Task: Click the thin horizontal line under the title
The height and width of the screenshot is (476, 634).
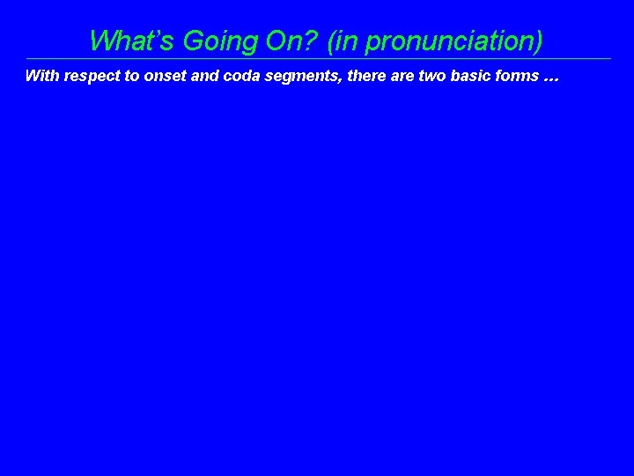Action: point(317,59)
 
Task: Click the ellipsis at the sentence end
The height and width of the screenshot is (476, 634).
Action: point(551,78)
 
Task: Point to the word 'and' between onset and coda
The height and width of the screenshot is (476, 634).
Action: point(204,76)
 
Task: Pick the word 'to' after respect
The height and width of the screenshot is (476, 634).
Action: point(133,76)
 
